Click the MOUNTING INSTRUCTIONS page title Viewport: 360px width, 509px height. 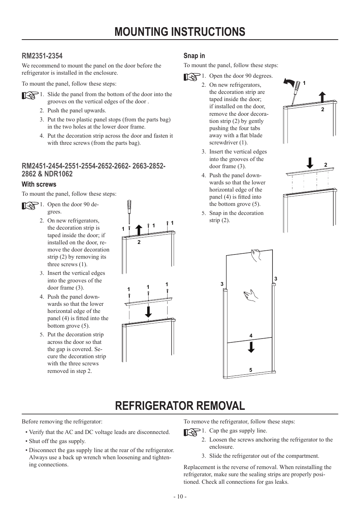(180, 32)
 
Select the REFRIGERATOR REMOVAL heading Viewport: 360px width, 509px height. (180, 406)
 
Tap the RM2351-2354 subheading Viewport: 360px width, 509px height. (42, 56)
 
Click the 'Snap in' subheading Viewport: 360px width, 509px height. (194, 56)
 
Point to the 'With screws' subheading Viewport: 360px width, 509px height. (39, 184)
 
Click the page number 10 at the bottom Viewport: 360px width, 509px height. (180, 497)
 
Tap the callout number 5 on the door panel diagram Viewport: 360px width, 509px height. (251, 370)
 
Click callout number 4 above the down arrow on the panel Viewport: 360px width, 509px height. (251, 336)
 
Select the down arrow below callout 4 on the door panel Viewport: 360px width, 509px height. (251, 346)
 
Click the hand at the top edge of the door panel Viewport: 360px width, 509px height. (257, 255)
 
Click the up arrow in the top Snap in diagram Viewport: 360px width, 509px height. (323, 97)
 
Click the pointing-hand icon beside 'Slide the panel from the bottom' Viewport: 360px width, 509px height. (30, 96)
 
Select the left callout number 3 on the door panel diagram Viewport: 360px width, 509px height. (222, 284)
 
